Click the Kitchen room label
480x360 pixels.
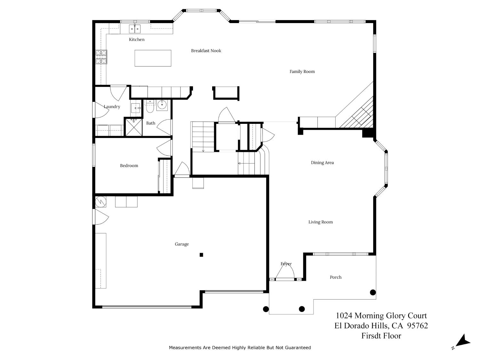[137, 40]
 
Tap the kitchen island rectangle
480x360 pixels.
[153, 58]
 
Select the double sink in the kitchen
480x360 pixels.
[135, 29]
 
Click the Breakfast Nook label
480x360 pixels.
[206, 51]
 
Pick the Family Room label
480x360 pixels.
[302, 72]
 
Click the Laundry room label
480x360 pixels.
[112, 107]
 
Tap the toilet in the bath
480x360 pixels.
[149, 108]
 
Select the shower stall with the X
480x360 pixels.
[133, 127]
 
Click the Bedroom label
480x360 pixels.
[129, 166]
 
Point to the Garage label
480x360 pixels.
[182, 244]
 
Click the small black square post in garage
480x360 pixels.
[201, 255]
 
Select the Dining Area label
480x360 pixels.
[322, 163]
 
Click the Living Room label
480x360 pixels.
[320, 222]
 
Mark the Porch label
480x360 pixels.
[335, 277]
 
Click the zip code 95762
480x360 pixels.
[417, 326]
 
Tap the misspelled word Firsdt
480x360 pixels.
[371, 336]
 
